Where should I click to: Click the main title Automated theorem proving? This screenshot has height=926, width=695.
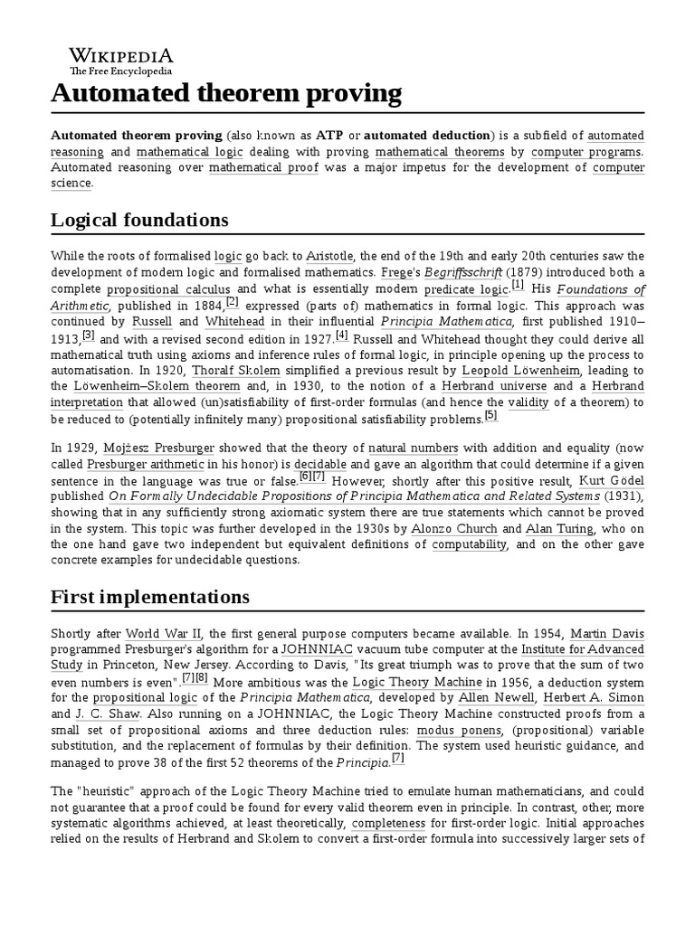click(226, 92)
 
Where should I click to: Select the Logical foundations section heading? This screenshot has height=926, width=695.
click(139, 220)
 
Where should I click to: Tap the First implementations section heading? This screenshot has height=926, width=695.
click(149, 597)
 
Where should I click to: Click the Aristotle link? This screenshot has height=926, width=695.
click(329, 256)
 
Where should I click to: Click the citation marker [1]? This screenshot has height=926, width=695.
click(518, 285)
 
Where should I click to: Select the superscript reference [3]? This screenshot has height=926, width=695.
click(88, 335)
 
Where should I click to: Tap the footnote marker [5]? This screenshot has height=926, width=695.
click(490, 415)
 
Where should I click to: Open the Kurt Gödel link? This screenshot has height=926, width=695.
click(612, 480)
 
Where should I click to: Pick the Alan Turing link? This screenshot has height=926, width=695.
click(560, 529)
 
